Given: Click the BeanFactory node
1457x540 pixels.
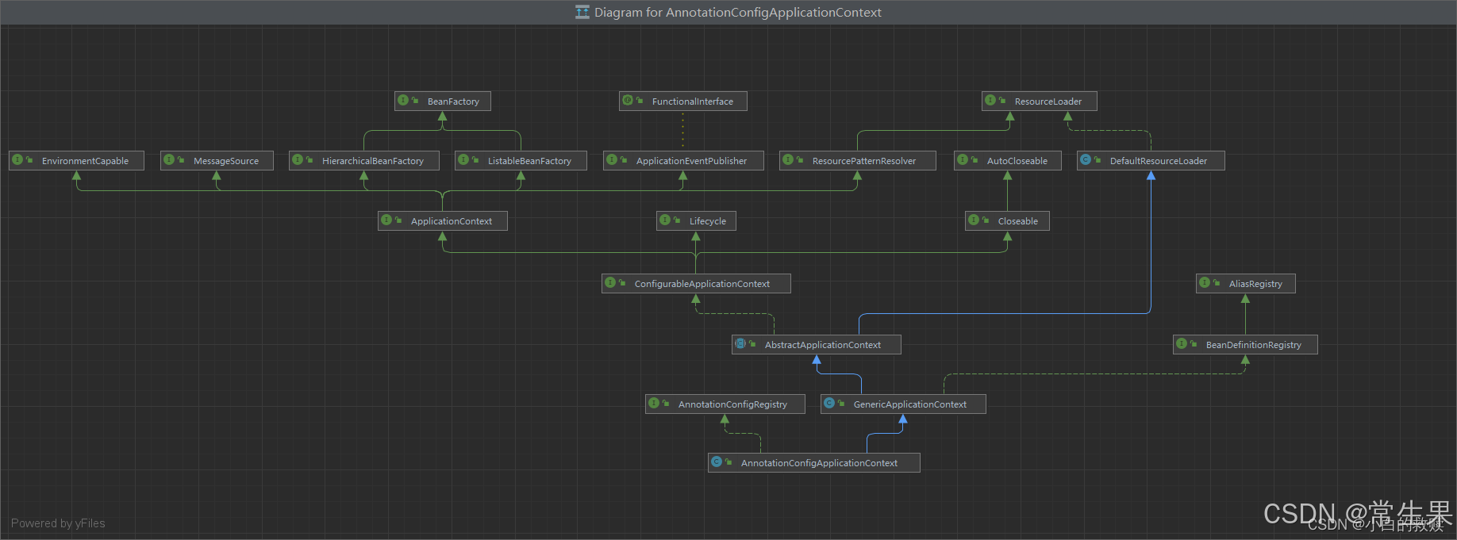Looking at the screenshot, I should [x=443, y=101].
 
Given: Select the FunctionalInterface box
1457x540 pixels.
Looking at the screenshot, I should [x=683, y=101].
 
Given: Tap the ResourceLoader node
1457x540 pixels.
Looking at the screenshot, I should [x=1039, y=101].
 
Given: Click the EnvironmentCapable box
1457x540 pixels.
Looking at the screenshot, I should [x=76, y=161].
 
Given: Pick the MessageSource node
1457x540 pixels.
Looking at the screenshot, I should [x=217, y=161].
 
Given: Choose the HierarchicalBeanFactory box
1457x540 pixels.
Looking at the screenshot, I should [x=364, y=161].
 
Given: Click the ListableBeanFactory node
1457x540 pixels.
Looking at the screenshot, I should [x=521, y=161].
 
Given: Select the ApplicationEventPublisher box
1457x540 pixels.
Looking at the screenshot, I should [x=683, y=161].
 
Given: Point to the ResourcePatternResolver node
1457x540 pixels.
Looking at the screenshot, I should [x=857, y=161].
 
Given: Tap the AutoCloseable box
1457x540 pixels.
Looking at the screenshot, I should [x=1008, y=161].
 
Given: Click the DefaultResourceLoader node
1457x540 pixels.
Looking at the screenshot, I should [x=1151, y=161].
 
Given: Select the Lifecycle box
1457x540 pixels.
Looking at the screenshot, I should [x=696, y=221].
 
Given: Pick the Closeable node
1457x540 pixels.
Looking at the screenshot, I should [x=1007, y=221].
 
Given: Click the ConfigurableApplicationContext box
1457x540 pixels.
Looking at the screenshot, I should [x=696, y=284].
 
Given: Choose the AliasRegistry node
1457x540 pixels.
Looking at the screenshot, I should [x=1245, y=284].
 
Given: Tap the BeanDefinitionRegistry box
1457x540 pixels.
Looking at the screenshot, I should [x=1245, y=345].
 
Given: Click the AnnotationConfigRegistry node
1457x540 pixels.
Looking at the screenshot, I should [x=725, y=404].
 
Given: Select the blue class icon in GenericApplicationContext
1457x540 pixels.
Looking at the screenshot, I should [x=829, y=404].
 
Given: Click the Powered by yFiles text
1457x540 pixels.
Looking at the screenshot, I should [x=58, y=523].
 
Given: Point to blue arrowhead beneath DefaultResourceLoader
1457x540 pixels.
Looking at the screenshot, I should [x=1151, y=176].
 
